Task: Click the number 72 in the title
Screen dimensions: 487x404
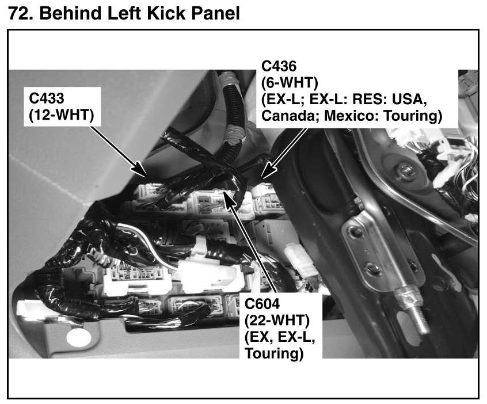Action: [18, 13]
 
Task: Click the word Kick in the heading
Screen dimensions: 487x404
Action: [167, 13]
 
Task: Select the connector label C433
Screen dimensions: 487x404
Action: [46, 98]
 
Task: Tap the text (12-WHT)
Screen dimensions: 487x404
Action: [62, 115]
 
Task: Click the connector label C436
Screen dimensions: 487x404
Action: [279, 66]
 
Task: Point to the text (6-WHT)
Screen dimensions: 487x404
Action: [290, 83]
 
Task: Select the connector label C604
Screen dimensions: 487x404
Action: [262, 304]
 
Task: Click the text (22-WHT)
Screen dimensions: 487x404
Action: [277, 320]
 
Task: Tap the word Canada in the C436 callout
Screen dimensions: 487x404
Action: [288, 116]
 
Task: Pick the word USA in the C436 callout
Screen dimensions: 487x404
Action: [409, 99]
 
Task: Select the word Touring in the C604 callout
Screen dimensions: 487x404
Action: [274, 353]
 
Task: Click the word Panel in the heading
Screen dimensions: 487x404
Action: [215, 13]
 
